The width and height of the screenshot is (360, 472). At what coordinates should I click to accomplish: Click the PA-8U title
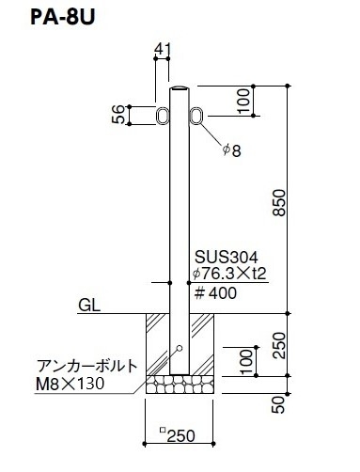(62, 18)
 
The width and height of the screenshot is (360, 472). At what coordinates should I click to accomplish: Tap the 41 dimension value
(163, 49)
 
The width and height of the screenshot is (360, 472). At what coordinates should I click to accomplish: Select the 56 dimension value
(118, 115)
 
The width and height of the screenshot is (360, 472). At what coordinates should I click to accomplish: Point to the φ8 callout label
(232, 150)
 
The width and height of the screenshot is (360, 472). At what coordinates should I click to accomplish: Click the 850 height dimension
(279, 203)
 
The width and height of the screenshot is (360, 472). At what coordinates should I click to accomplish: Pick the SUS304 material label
(227, 257)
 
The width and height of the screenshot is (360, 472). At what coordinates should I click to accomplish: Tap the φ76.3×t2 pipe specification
(229, 274)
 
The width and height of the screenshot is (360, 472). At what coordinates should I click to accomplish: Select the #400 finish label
(215, 293)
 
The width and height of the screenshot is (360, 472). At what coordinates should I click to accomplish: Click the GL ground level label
(89, 305)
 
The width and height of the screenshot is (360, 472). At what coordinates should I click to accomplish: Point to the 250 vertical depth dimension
(279, 345)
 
